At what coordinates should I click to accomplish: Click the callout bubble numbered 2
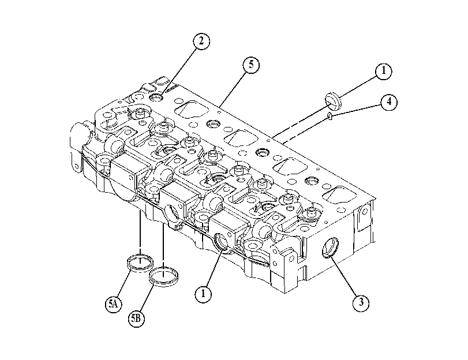[201, 41]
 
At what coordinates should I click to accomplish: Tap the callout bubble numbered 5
[251, 65]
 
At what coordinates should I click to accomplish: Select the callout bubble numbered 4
[389, 102]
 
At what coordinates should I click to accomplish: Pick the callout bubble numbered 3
[361, 303]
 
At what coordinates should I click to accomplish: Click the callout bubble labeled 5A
[114, 304]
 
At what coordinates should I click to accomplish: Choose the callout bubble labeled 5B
[136, 318]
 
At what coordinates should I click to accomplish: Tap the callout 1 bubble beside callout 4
[383, 71]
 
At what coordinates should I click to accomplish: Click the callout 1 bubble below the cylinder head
[203, 294]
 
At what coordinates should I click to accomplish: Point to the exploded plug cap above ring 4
[333, 102]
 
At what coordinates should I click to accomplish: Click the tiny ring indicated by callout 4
[330, 116]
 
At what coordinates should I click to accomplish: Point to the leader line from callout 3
[343, 276]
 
